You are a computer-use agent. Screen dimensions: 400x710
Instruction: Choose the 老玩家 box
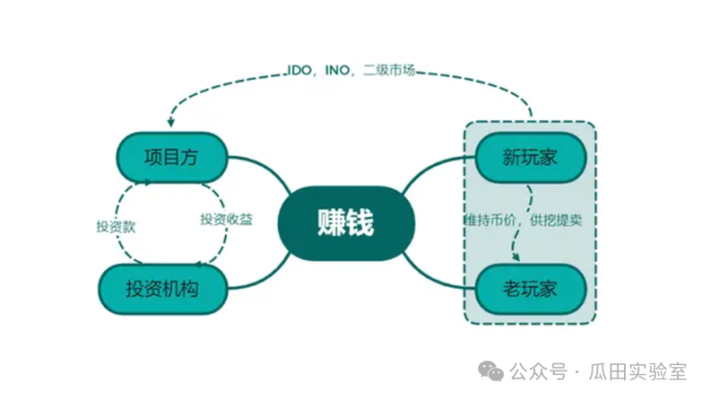[529, 287]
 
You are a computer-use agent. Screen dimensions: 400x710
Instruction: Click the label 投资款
[115, 225]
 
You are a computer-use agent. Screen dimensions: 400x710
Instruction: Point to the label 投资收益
[226, 218]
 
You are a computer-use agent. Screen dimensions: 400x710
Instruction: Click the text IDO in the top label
[298, 70]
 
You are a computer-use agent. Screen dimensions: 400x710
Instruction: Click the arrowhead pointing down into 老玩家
[516, 258]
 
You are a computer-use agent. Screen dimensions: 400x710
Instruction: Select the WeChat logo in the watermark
[492, 371]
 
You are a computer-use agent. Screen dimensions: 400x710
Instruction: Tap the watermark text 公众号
[536, 371]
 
